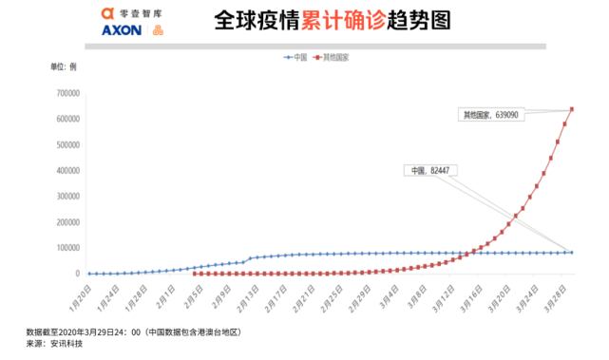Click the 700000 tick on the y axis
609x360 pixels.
(x=66, y=93)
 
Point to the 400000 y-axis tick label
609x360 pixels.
(x=66, y=171)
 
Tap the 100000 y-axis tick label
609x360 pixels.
(x=66, y=248)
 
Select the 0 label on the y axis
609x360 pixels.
(x=77, y=274)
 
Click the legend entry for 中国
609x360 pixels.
(x=295, y=57)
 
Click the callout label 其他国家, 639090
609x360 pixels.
(x=490, y=115)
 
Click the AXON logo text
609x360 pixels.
(x=121, y=30)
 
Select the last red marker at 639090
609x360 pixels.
(x=572, y=108)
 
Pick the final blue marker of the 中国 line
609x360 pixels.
(x=572, y=252)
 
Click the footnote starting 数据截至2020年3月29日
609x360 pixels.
(x=133, y=332)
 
